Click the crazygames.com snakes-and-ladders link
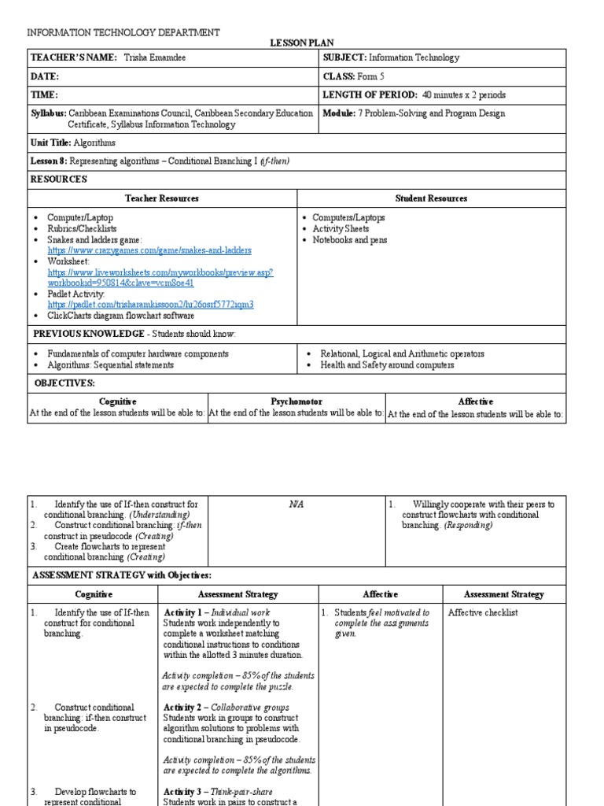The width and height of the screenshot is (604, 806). coord(149,250)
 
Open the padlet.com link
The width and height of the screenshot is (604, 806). coord(150,304)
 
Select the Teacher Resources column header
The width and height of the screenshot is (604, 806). coord(162,198)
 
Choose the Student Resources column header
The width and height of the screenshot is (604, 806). coord(431,198)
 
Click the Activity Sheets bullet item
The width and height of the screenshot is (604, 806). coord(341,229)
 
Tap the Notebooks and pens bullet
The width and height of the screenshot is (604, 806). coord(350,240)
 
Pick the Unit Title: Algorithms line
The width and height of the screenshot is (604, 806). coord(73,142)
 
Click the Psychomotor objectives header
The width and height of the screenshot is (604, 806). coord(296,401)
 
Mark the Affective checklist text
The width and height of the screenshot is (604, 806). coord(483,612)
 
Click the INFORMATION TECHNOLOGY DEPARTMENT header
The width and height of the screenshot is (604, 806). coord(124,32)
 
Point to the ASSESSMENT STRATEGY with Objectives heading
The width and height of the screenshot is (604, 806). coord(122,575)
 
